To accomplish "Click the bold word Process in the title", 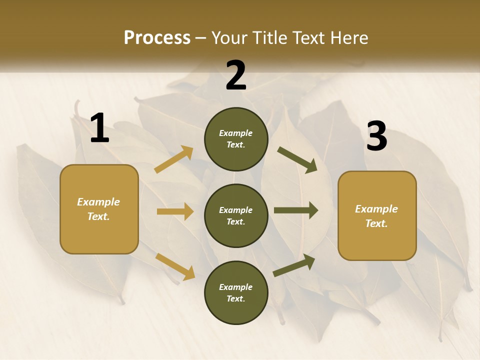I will [x=157, y=38].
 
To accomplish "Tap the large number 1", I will [x=99, y=128].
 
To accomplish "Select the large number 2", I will [x=236, y=75].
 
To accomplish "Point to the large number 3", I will [x=376, y=136].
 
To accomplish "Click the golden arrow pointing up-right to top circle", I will [x=174, y=159].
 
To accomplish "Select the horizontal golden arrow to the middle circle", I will [x=174, y=211].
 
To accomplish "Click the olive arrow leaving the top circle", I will [x=297, y=160].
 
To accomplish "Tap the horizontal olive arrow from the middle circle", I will [x=295, y=210].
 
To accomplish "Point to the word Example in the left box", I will [x=98, y=202].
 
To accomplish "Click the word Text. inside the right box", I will [x=376, y=223].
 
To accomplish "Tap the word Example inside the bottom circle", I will [x=235, y=287].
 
